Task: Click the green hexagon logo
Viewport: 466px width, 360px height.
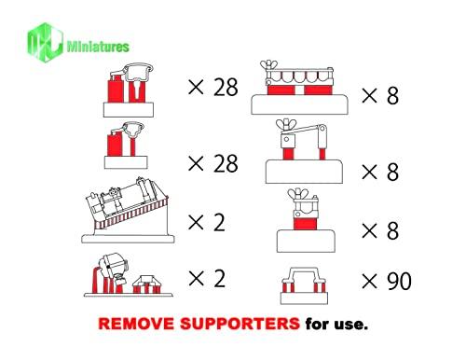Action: click(45, 42)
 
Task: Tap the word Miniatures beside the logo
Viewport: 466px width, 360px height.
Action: click(98, 47)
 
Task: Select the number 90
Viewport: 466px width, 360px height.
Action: click(399, 282)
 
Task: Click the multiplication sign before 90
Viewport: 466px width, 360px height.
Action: click(369, 282)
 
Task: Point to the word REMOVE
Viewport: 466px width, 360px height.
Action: click(136, 324)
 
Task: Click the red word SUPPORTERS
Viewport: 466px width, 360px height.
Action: click(240, 324)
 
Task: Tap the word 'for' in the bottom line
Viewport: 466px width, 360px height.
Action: click(317, 324)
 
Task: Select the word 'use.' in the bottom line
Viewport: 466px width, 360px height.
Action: click(350, 325)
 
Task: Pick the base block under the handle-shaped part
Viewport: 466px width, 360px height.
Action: click(304, 298)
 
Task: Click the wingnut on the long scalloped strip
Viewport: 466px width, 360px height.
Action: click(268, 65)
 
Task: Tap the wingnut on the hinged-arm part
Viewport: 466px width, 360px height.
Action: click(286, 125)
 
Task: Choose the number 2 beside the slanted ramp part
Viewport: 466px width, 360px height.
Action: click(219, 223)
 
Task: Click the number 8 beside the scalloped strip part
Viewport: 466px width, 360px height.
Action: click(392, 95)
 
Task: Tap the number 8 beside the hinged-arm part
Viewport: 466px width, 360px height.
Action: click(392, 172)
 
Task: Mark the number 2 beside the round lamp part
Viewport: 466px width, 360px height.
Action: click(219, 279)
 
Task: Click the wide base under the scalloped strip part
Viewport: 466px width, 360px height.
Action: click(299, 104)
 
